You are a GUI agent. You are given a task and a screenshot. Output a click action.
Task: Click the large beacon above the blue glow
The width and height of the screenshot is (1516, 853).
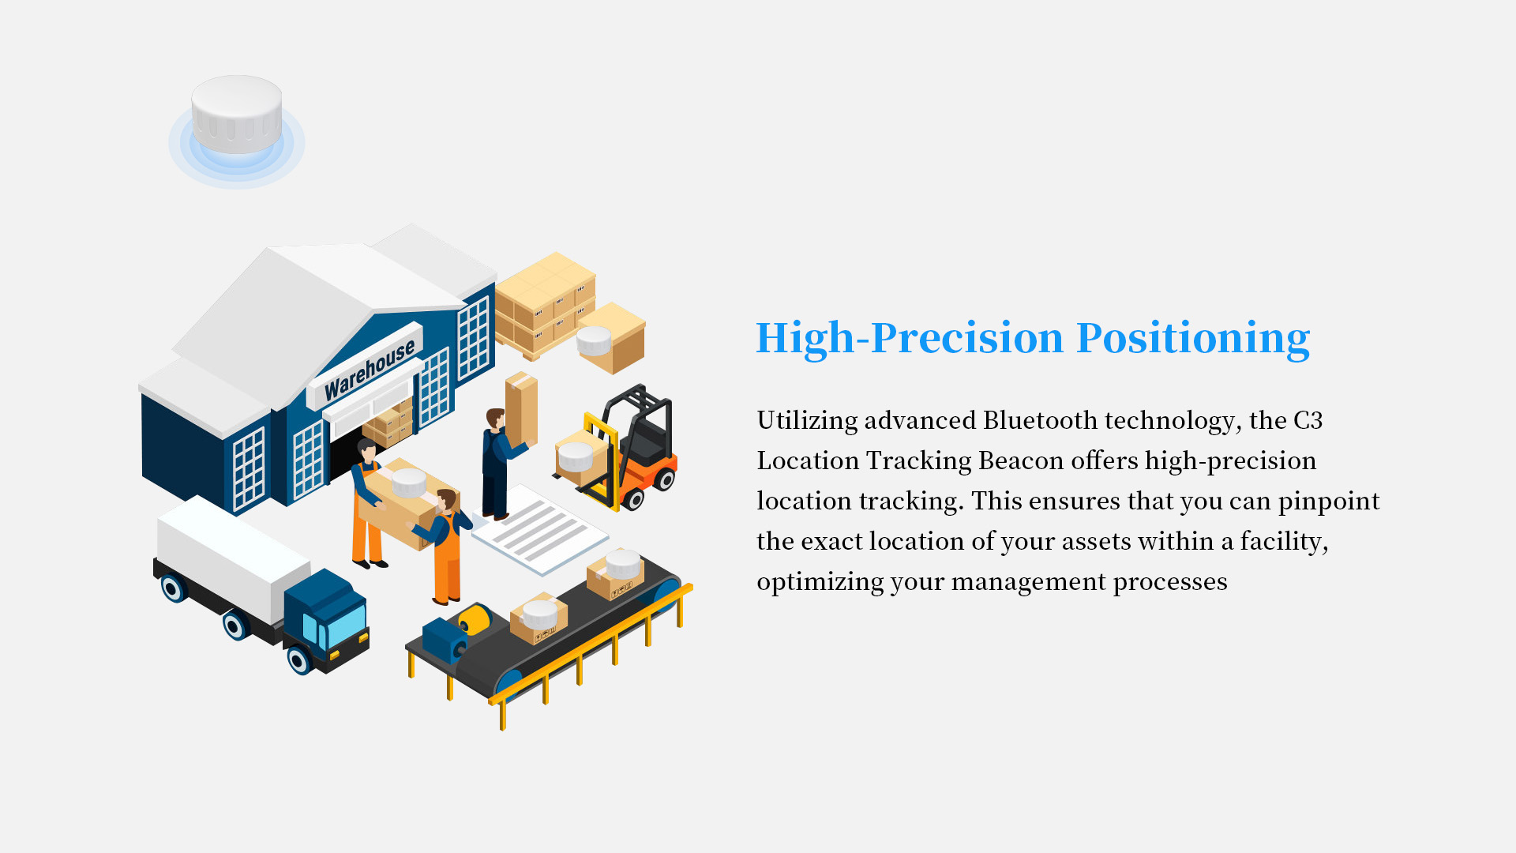(237, 114)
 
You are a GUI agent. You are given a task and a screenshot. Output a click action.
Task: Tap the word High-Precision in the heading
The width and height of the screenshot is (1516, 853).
(910, 339)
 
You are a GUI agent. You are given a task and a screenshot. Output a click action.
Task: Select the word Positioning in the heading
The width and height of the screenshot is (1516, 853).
(1193, 339)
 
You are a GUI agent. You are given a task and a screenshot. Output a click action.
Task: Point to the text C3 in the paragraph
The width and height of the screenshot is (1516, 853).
(1308, 420)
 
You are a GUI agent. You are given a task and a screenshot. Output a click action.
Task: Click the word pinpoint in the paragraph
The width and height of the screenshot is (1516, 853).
(1329, 502)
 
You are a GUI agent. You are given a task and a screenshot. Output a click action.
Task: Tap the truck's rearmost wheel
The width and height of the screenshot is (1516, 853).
(174, 588)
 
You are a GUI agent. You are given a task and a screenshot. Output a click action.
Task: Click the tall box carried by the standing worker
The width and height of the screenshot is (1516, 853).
(522, 408)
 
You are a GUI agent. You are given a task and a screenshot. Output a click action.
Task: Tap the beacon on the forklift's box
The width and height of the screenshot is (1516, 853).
(576, 456)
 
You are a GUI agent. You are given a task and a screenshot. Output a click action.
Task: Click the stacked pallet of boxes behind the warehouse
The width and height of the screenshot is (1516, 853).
(546, 305)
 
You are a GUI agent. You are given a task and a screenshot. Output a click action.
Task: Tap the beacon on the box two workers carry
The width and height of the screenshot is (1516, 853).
(409, 482)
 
